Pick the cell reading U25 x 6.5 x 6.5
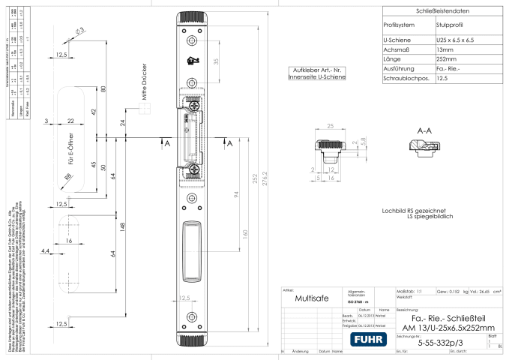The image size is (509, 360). click(456, 40)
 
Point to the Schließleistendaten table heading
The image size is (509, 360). click(436, 10)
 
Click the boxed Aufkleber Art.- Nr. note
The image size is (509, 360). click(312, 72)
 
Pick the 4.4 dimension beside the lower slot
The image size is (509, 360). click(44, 250)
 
